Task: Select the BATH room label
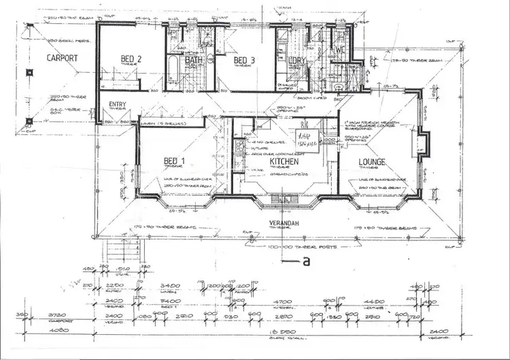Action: pos(194,61)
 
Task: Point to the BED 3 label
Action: pos(243,60)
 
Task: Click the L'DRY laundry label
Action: pos(297,61)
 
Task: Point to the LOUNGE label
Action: pos(373,162)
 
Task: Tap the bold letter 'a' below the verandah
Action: pos(307,260)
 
